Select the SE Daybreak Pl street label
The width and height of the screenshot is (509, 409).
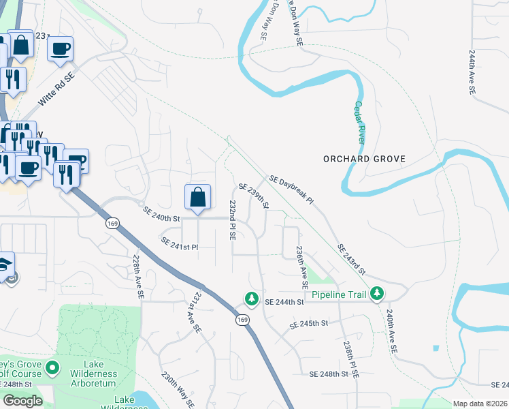click(x=291, y=190)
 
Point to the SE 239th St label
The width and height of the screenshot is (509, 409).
click(x=255, y=196)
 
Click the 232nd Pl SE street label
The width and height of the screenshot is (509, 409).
click(x=233, y=220)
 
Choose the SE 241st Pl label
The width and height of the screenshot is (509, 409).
click(x=179, y=243)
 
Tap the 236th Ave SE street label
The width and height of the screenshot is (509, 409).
click(x=301, y=267)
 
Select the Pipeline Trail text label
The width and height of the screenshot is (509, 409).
click(x=339, y=295)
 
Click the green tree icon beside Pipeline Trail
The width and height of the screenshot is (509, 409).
click(x=376, y=294)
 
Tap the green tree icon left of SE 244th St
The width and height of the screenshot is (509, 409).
click(x=252, y=299)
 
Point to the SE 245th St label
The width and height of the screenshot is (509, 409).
click(x=309, y=322)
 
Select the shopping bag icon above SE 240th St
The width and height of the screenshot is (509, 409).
click(x=197, y=198)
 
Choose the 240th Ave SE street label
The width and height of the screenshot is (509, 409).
click(x=390, y=333)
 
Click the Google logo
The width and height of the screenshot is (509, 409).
click(x=22, y=401)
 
